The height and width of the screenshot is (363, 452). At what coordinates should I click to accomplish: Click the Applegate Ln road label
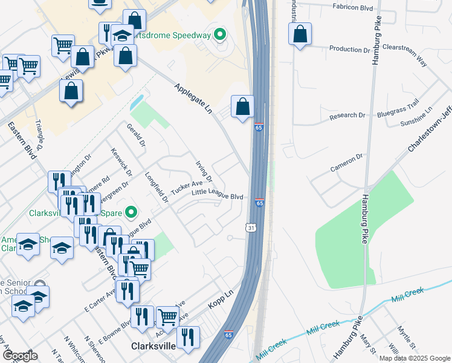coord(194,99)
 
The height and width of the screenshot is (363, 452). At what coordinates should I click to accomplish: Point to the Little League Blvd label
coord(217,197)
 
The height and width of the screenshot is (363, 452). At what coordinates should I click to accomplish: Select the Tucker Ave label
coord(186,188)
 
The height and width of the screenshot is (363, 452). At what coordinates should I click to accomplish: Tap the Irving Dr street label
coord(204,171)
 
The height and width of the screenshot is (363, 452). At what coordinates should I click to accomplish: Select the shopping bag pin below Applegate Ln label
coord(242,107)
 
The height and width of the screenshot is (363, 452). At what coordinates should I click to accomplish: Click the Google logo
coord(20,356)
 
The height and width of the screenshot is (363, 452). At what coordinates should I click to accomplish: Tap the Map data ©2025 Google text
coord(415,358)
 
